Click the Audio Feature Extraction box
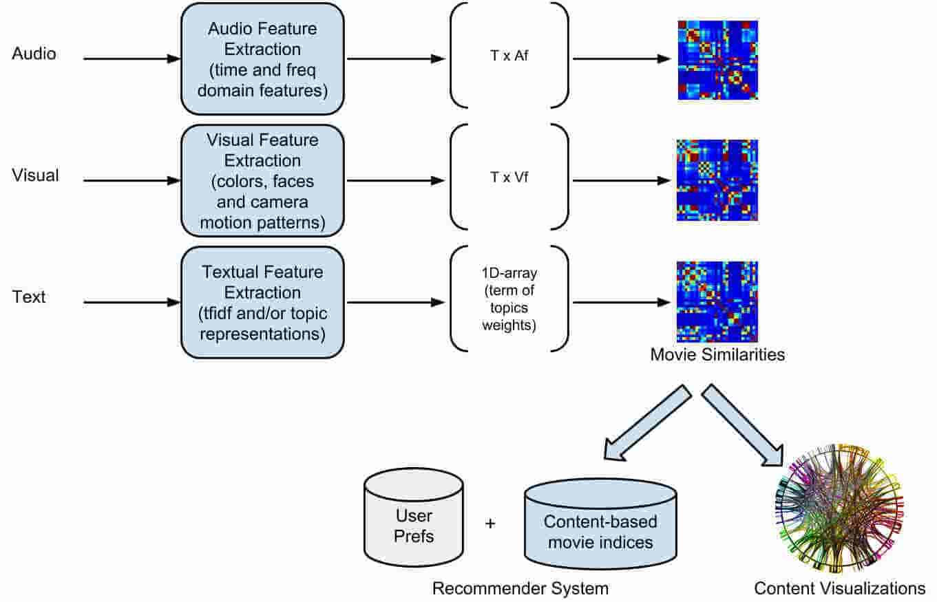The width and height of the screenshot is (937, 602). tap(262, 59)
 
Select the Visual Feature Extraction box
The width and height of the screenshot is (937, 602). tap(262, 180)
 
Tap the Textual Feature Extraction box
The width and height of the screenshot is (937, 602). tap(262, 302)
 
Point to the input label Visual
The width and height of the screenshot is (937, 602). tap(36, 175)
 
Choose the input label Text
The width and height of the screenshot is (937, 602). tap(29, 297)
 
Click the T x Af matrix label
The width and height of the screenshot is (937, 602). tap(509, 59)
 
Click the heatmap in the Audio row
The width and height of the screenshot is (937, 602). tap(717, 60)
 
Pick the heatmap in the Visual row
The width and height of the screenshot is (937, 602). tap(717, 180)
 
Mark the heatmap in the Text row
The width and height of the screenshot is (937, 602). tap(717, 301)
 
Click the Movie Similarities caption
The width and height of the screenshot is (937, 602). tap(717, 356)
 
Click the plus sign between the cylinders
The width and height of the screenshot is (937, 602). tap(490, 524)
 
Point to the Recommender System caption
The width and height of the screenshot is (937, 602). tap(520, 588)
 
